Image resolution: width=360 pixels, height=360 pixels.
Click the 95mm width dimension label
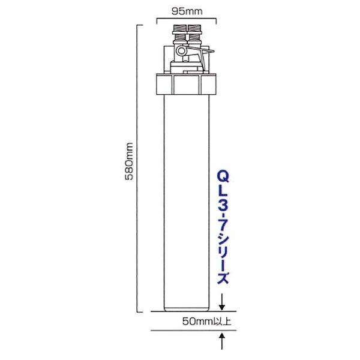[187, 11]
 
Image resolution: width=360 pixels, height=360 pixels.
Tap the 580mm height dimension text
[129, 161]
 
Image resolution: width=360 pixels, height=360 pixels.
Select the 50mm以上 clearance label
[206, 322]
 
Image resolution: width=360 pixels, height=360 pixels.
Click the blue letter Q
[223, 177]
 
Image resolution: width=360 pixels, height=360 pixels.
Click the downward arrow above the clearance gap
[222, 302]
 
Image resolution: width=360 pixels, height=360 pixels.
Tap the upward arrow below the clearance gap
[222, 341]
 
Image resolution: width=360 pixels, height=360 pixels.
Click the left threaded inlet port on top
[179, 34]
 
